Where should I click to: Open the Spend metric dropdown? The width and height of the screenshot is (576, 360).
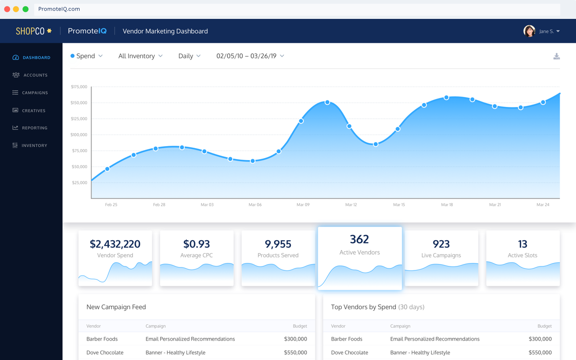coord(87,56)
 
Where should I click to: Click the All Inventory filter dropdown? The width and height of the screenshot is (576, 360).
coord(140,56)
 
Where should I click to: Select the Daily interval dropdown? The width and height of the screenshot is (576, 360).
coord(189,56)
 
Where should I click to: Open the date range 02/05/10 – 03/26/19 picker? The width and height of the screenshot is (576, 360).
coord(250,56)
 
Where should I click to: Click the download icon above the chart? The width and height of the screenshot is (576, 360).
coord(557,57)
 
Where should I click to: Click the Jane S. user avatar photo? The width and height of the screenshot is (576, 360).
coord(529,31)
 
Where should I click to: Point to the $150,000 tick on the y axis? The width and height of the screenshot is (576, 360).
coord(79,103)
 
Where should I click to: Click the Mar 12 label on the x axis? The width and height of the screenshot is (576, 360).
coord(351,205)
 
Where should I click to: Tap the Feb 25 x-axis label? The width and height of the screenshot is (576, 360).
coord(111,205)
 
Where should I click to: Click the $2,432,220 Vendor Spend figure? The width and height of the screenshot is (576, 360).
coord(115,244)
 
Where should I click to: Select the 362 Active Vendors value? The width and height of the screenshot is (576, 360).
coord(359,239)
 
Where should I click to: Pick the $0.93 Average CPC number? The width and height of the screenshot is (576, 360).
coord(196,244)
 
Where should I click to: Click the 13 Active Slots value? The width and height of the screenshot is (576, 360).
coord(522,244)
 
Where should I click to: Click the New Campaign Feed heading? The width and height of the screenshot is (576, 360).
coord(116,307)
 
